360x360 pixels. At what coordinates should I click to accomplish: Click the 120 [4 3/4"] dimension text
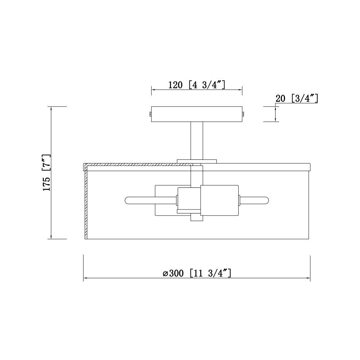197,85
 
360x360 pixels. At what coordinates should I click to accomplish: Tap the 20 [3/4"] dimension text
297,98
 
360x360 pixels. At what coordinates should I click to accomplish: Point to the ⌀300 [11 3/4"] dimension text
197,273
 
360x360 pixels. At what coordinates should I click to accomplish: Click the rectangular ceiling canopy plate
197,114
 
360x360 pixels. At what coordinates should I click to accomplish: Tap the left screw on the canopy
150,113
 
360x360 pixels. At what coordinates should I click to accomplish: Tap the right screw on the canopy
243,113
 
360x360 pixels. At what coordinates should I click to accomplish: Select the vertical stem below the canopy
197,140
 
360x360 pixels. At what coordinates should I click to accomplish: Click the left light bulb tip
126,200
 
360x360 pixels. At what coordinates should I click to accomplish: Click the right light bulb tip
267,200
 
